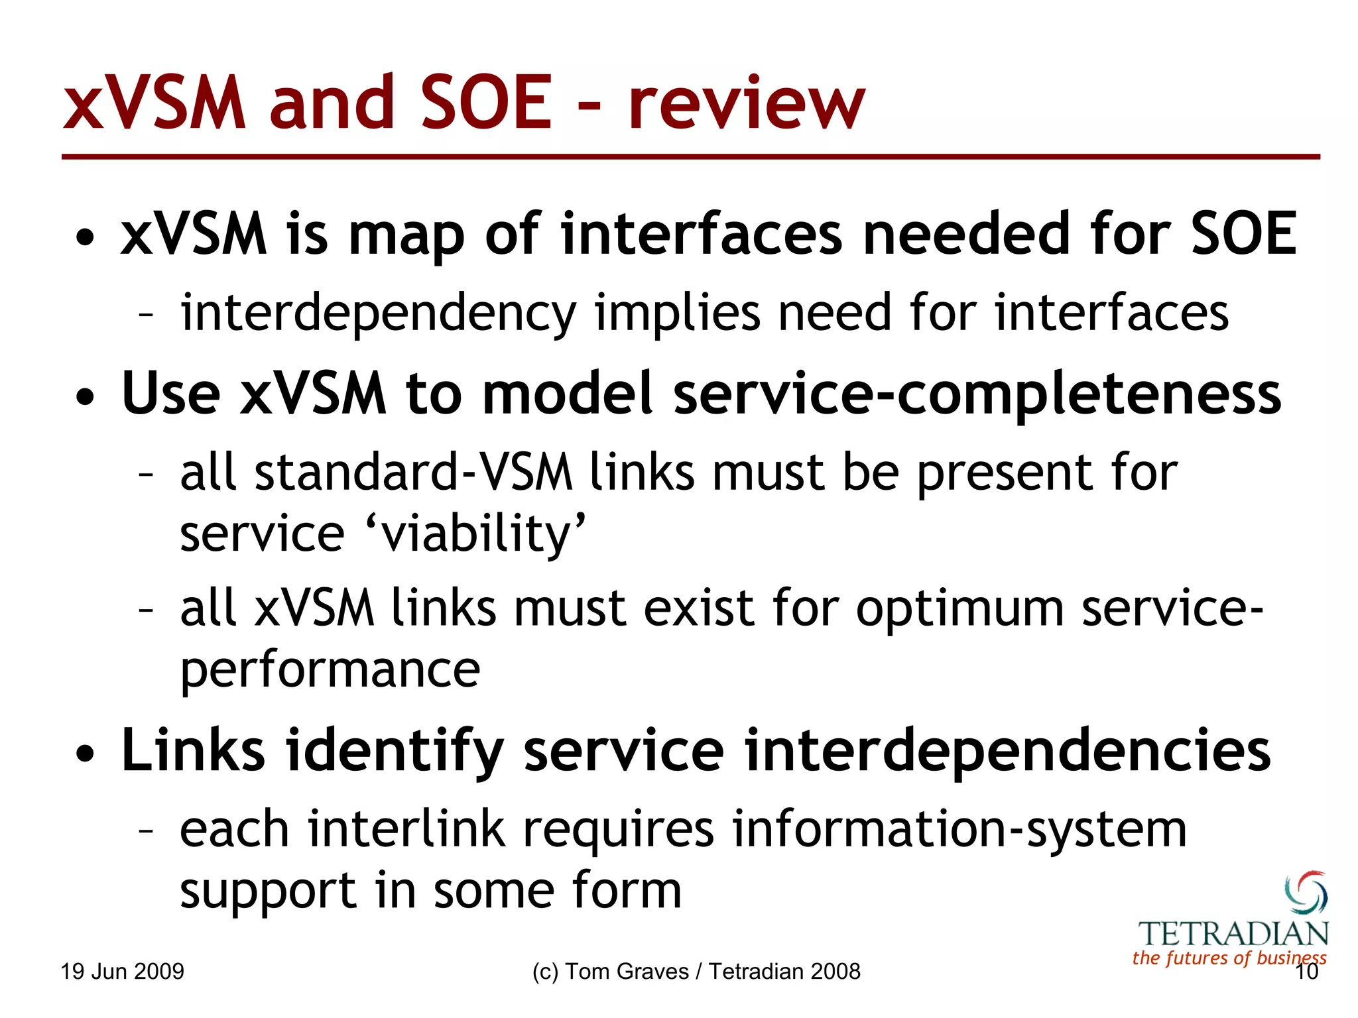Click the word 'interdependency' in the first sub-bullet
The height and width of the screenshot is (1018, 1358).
[379, 313]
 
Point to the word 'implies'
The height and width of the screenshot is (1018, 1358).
[677, 313]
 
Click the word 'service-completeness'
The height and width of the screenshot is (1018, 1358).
[977, 394]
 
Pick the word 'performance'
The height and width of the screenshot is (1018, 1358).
[330, 669]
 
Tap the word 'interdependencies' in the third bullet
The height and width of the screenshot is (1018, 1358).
[1007, 750]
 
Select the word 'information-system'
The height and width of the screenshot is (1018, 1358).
[959, 829]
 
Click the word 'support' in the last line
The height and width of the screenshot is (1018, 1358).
[269, 891]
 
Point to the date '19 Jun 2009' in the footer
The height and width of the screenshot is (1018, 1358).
[123, 972]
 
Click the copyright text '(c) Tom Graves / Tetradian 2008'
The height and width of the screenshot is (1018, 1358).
[696, 972]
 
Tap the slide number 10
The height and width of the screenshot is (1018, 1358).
[1306, 972]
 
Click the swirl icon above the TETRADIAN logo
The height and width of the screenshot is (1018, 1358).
[1306, 893]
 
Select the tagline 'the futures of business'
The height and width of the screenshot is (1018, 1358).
[1229, 958]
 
